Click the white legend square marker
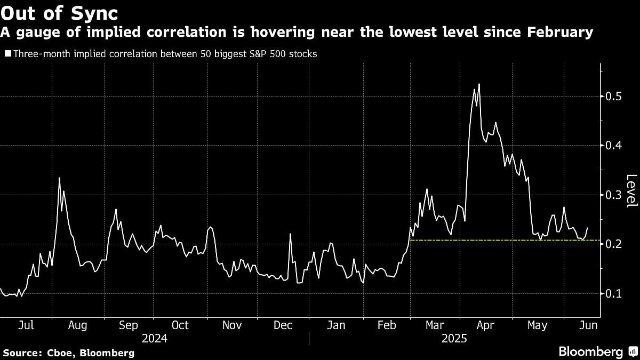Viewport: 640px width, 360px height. pyautogui.click(x=7, y=54)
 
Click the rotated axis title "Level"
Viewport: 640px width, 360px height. pyautogui.click(x=631, y=191)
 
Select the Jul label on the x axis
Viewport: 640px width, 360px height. pyautogui.click(x=27, y=325)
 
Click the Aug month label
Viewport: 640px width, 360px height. pyautogui.click(x=78, y=325)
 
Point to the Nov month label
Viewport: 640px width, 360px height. pyautogui.click(x=231, y=325)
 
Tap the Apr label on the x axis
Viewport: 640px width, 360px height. pyautogui.click(x=485, y=325)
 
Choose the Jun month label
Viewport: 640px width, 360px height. pyautogui.click(x=588, y=325)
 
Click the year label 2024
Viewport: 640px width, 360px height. pyautogui.click(x=155, y=339)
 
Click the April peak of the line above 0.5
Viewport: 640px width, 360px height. pyautogui.click(x=479, y=84)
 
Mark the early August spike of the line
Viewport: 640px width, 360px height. pyautogui.click(x=59, y=178)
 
